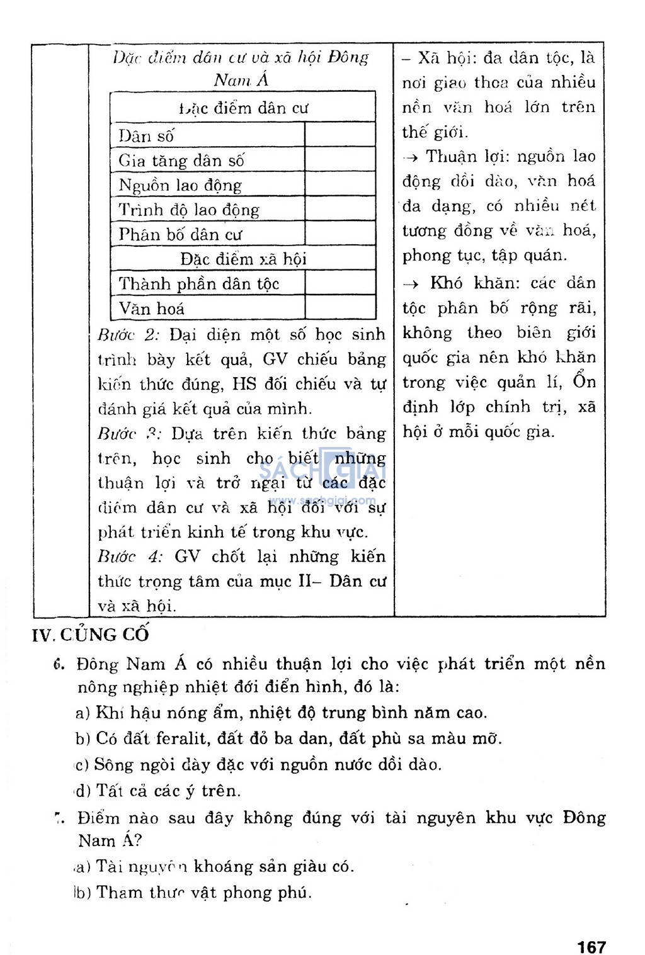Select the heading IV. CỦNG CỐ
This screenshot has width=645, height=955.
pyautogui.click(x=91, y=634)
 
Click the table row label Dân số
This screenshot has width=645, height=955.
pyautogui.click(x=146, y=135)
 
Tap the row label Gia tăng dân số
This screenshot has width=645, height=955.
pyautogui.click(x=181, y=161)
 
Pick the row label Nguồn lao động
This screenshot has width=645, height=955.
pyautogui.click(x=180, y=185)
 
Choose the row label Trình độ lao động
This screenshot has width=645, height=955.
pyautogui.click(x=189, y=210)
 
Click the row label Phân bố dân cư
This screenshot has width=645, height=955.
pyautogui.click(x=180, y=234)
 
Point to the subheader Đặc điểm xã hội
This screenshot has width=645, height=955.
pyautogui.click(x=243, y=259)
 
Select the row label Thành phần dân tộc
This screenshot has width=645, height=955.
pyautogui.click(x=199, y=283)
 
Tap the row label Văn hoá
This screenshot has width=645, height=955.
pyautogui.click(x=152, y=308)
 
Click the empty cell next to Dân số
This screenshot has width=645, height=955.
pyautogui.click(x=340, y=135)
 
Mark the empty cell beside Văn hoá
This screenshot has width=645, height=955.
pyautogui.click(x=340, y=308)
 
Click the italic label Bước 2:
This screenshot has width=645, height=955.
pyautogui.click(x=128, y=334)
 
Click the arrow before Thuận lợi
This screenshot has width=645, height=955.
pyautogui.click(x=411, y=157)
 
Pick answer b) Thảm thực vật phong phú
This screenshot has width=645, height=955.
pyautogui.click(x=192, y=893)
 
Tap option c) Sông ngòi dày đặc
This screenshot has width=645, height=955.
pyautogui.click(x=258, y=765)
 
